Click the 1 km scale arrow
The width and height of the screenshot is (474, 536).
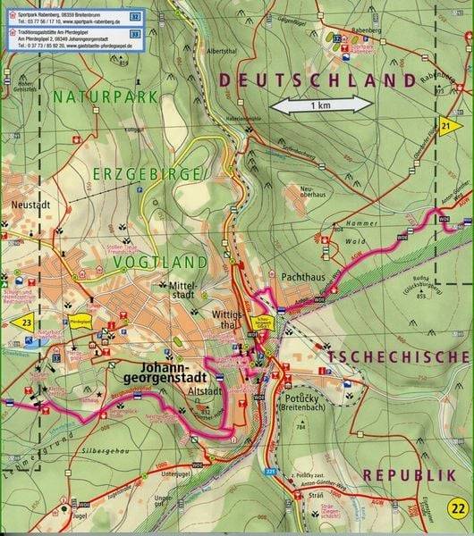pos(322,105)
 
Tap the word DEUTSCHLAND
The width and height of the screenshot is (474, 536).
pos(317,80)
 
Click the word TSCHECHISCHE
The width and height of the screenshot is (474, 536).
pos(398,356)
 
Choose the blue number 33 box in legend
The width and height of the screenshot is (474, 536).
pos(134,33)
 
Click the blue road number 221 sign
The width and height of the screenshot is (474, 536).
pos(271,469)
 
